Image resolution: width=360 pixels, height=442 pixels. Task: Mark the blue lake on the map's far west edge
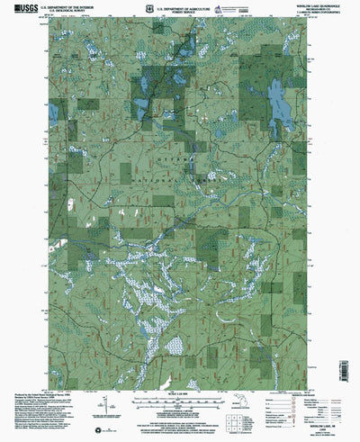pyautogui.click(x=54, y=113)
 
